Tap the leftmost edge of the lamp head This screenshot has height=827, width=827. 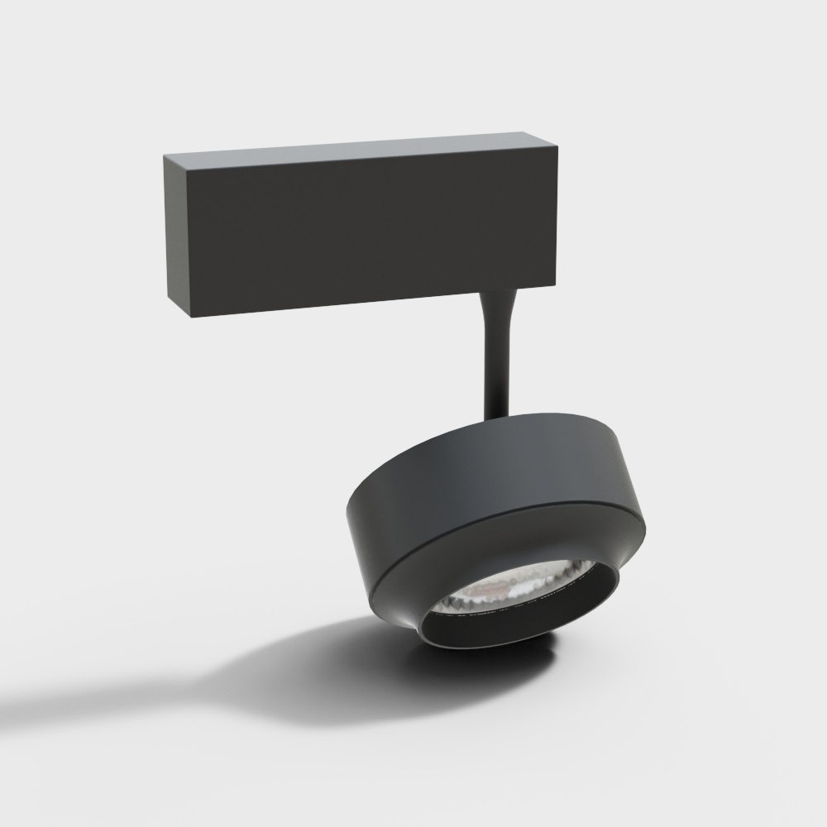click(347, 517)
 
